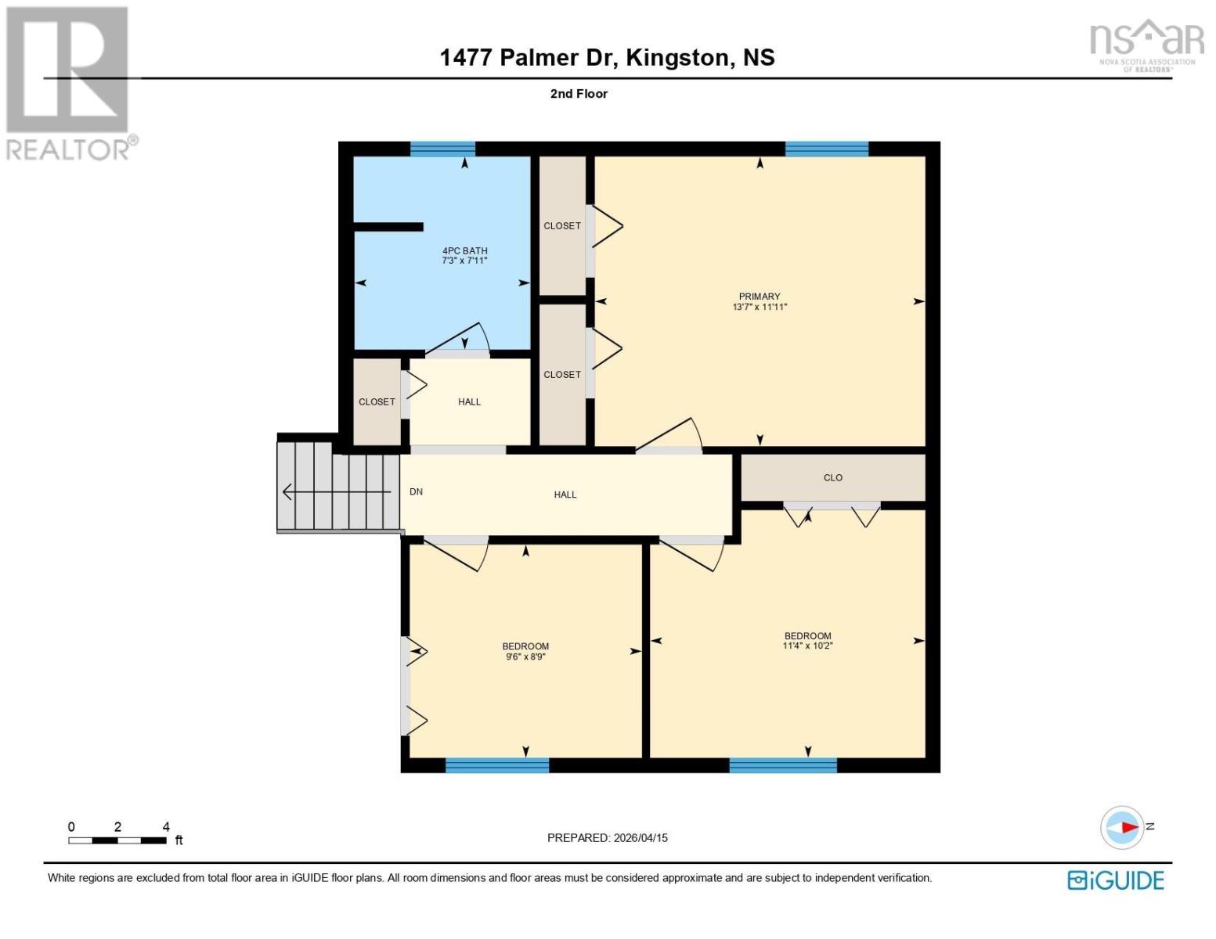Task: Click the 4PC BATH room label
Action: click(464, 251)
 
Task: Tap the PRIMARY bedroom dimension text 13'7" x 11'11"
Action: click(759, 307)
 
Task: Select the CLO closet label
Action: click(832, 477)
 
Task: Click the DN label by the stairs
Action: click(416, 492)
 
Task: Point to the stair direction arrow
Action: click(337, 492)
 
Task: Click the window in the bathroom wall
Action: click(442, 149)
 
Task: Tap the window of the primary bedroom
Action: click(826, 149)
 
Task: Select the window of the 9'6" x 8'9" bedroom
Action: click(496, 765)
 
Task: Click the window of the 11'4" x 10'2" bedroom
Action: click(782, 765)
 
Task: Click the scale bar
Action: click(117, 840)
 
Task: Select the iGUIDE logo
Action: click(1115, 880)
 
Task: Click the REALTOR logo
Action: click(69, 82)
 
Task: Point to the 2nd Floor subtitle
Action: click(579, 94)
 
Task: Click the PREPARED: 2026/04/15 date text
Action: click(607, 838)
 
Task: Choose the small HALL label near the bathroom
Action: click(469, 402)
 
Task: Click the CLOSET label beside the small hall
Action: click(377, 402)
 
